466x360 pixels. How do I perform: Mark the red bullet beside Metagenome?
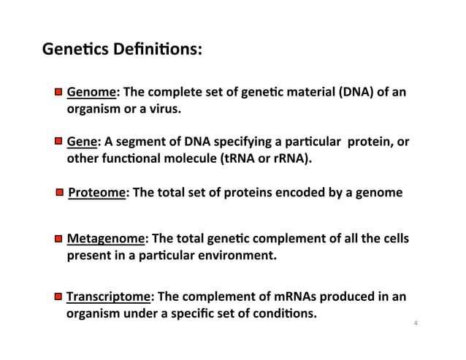click(x=57, y=240)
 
